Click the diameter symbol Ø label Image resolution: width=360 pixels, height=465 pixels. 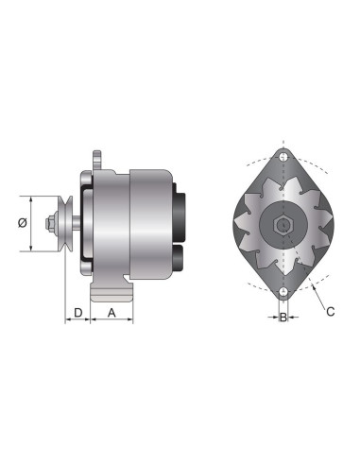pyautogui.click(x=20, y=224)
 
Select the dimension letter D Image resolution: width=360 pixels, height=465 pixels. pyautogui.click(x=77, y=312)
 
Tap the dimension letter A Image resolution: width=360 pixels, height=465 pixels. pyautogui.click(x=111, y=312)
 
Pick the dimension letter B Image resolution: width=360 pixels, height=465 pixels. pyautogui.click(x=283, y=318)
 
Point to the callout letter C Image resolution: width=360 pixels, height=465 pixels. pyautogui.click(x=330, y=310)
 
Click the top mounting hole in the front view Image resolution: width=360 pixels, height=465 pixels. pyautogui.click(x=283, y=156)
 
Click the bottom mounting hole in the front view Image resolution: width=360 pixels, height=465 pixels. pyautogui.click(x=283, y=292)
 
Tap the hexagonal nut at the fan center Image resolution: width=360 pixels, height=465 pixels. pyautogui.click(x=283, y=225)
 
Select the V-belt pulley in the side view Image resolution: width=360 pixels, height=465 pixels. pyautogui.click(x=65, y=224)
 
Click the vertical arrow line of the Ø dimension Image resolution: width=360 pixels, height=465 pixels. pyautogui.click(x=31, y=224)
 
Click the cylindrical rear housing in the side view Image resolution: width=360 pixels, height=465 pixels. pyautogui.click(x=149, y=224)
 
